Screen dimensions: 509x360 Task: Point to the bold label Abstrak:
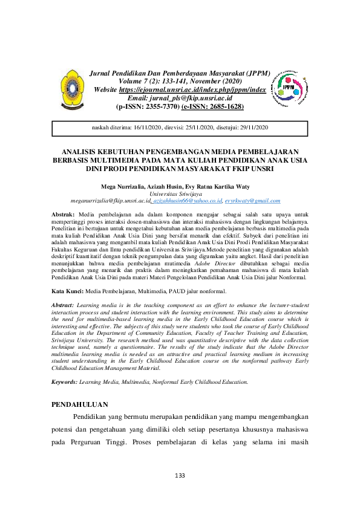point(63,215)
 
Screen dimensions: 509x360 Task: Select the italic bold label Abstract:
point(64,306)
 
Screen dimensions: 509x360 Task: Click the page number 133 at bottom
point(180,476)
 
